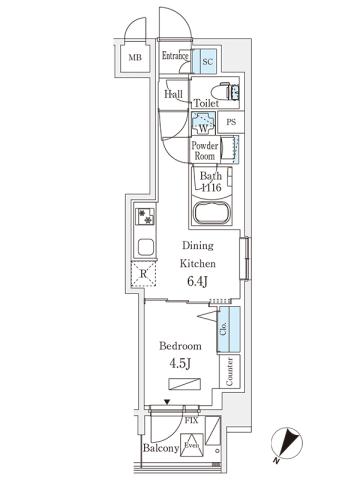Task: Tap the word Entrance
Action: click(x=175, y=57)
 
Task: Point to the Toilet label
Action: click(x=206, y=102)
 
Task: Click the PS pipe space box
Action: click(x=230, y=123)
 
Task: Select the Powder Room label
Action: click(x=205, y=150)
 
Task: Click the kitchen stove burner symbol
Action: click(x=144, y=216)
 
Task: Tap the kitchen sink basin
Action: click(x=144, y=247)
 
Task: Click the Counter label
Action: click(x=230, y=372)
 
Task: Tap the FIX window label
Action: click(x=190, y=422)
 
